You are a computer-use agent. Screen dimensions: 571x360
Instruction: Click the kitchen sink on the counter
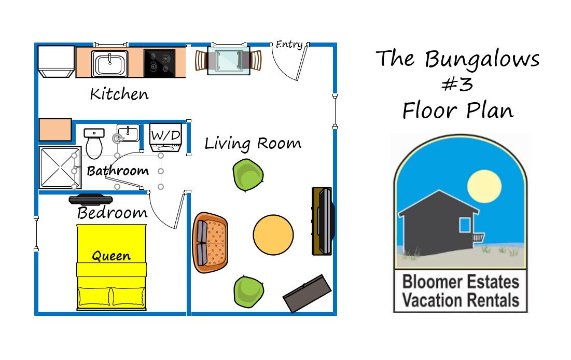point(109,64)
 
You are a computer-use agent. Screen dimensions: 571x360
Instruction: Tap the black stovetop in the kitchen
point(160,63)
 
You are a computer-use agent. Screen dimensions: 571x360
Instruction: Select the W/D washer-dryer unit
point(165,138)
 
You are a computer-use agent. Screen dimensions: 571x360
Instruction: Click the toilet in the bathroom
point(94,143)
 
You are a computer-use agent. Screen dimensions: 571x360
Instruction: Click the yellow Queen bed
point(112,268)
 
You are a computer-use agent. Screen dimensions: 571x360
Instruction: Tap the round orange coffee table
point(273,234)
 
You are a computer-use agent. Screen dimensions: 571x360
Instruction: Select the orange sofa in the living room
point(210,243)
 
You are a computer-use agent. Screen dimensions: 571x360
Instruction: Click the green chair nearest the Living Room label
point(248,175)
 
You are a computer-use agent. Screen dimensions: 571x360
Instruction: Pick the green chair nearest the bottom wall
point(249,292)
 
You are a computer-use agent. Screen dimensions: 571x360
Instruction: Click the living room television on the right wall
point(323,221)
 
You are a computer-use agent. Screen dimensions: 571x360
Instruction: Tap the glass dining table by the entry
point(229,61)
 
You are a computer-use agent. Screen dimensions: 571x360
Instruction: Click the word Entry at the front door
point(289,45)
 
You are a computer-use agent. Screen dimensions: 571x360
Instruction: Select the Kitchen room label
point(119,94)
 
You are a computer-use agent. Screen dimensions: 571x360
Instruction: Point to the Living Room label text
point(253,144)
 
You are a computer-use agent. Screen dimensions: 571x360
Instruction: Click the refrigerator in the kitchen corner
point(57,61)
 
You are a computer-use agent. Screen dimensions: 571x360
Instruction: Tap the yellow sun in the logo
point(484,186)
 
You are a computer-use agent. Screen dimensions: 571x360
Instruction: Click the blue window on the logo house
point(465,225)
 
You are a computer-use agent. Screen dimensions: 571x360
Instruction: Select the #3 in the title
point(457,85)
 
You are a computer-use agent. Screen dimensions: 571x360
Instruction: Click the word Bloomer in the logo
point(432,282)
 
